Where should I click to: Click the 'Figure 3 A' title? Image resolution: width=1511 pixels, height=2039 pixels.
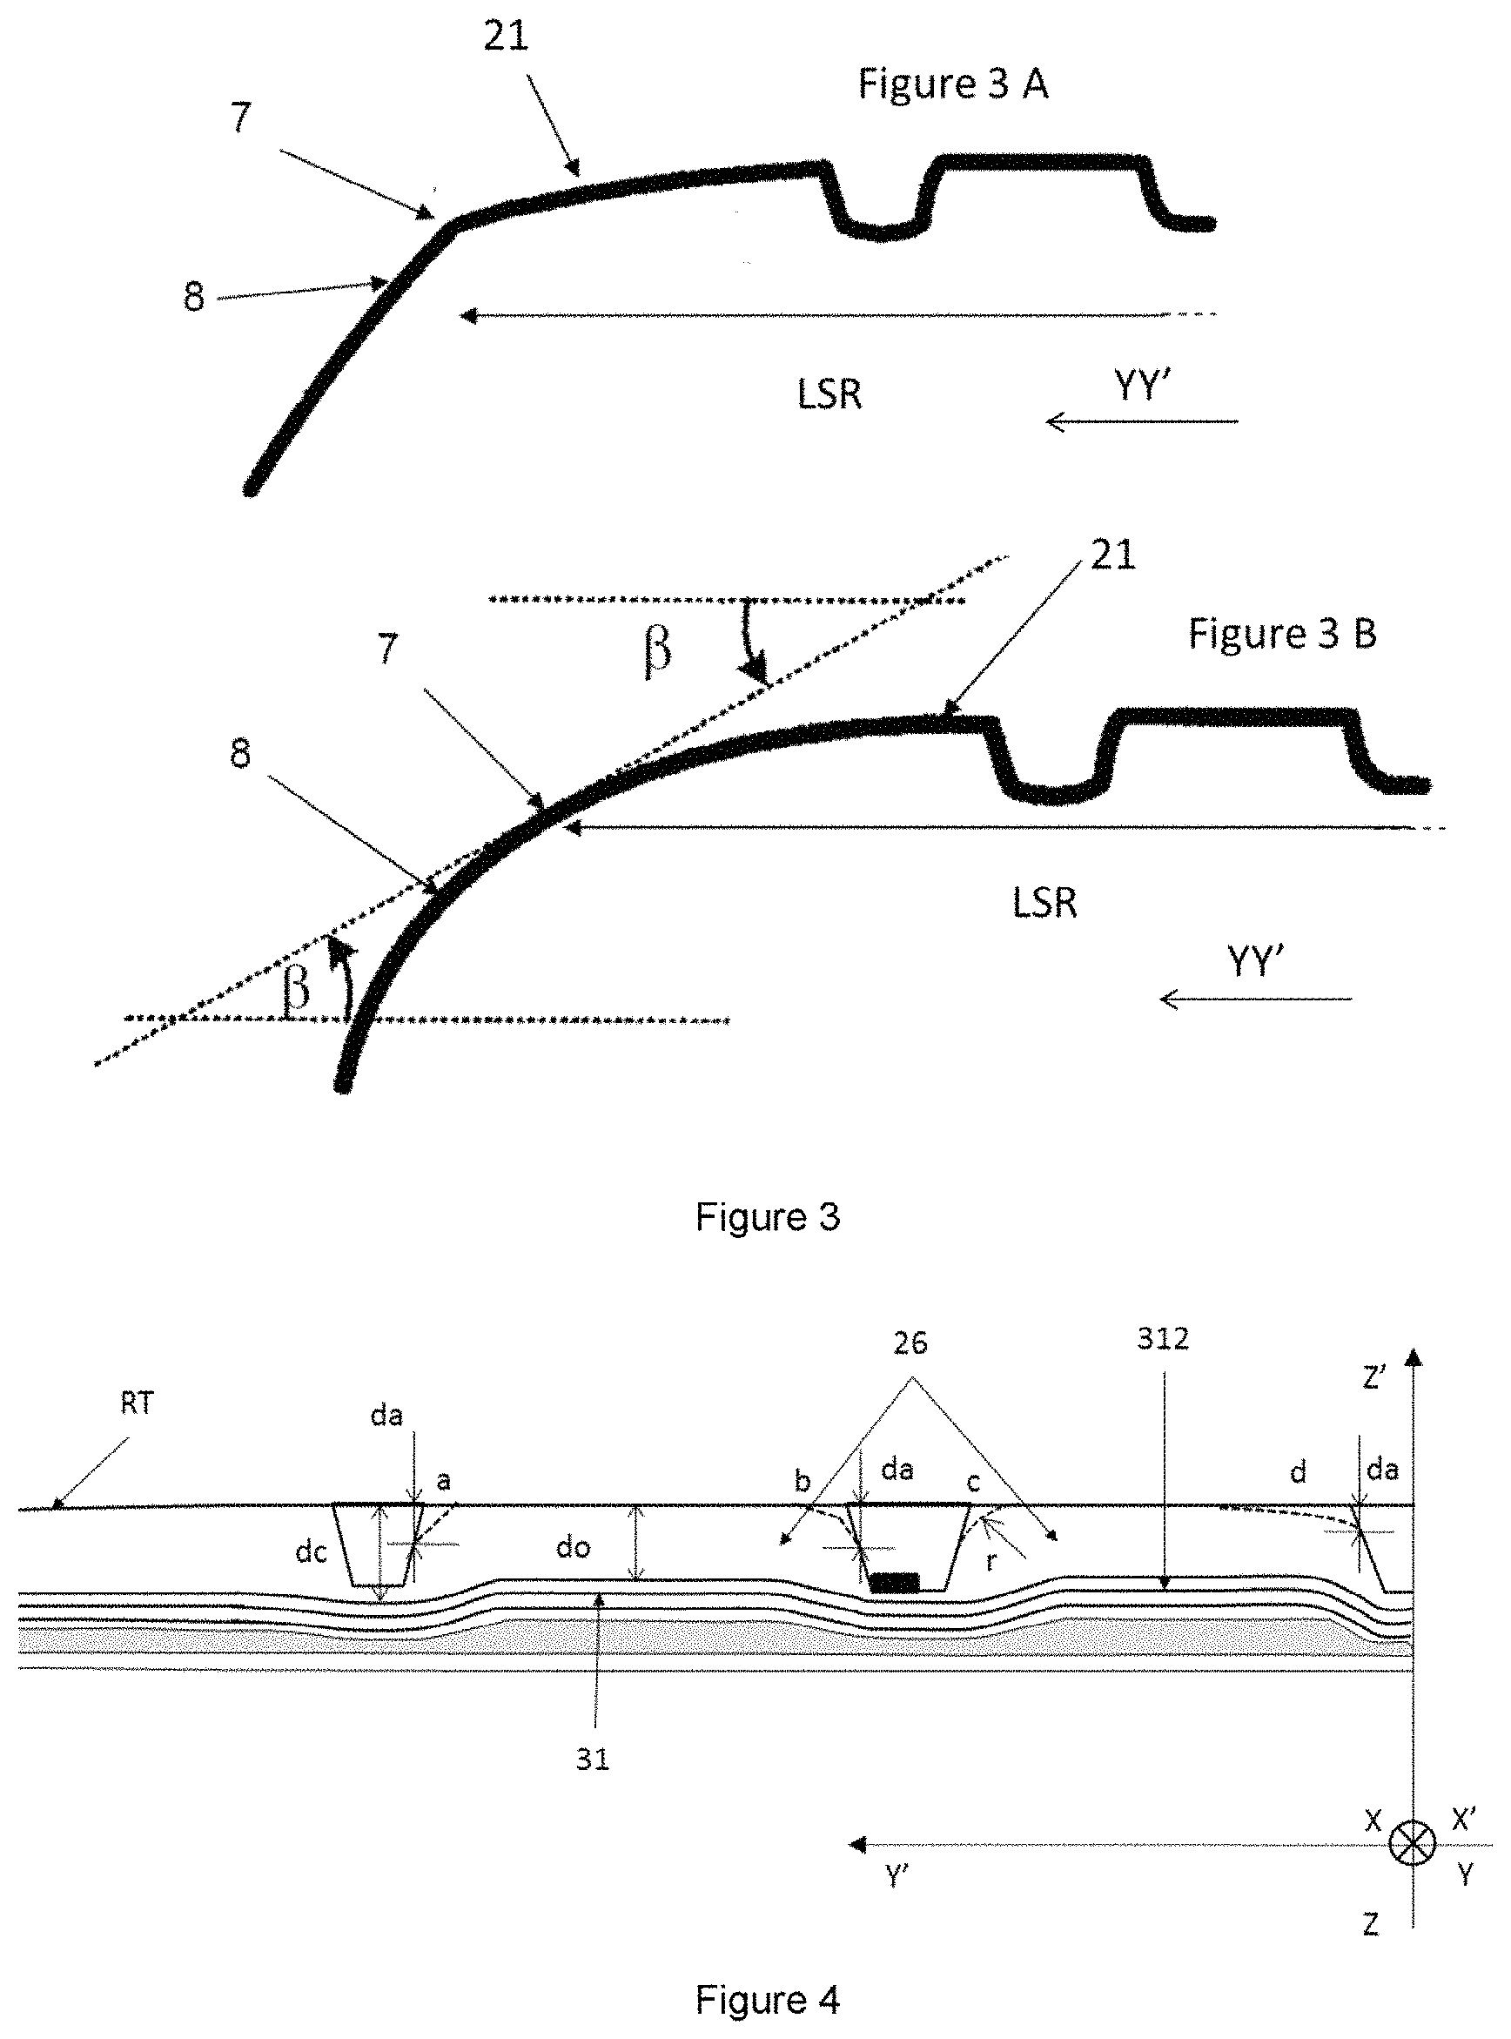(952, 84)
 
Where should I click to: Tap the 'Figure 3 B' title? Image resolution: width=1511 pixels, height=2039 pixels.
(1281, 633)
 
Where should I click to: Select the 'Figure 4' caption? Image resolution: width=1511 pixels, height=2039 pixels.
(768, 2000)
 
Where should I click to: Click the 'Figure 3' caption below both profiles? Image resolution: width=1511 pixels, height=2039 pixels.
(768, 1216)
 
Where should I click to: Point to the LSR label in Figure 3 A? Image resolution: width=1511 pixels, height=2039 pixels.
(829, 394)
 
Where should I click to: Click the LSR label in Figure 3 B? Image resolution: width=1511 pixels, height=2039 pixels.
(1044, 903)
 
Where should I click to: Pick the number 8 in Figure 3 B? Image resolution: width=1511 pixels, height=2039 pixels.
(239, 755)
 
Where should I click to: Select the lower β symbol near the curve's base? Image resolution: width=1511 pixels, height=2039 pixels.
(295, 990)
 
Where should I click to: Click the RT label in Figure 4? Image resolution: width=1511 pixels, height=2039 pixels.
(138, 1403)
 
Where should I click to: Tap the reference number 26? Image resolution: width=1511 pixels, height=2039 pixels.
(910, 1343)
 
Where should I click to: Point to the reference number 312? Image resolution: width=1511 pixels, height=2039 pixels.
(1163, 1339)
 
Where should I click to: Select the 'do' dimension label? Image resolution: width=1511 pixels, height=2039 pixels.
(574, 1547)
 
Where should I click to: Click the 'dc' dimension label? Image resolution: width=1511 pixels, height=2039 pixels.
(312, 1551)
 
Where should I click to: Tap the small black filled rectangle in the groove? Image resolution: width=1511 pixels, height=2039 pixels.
(895, 1582)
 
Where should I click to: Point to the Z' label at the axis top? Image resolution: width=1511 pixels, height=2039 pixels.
(1374, 1376)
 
